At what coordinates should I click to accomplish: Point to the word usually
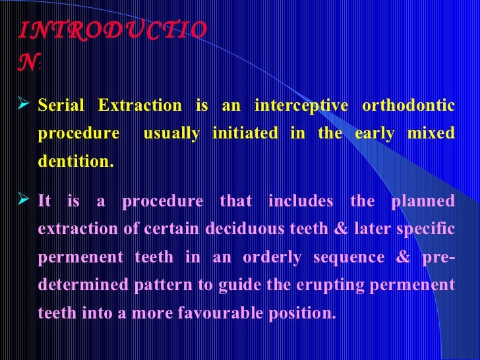pos(171,134)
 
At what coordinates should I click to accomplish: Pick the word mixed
pos(432,134)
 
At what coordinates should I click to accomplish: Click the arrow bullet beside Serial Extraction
pos(27,105)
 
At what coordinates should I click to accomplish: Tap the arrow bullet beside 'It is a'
pos(27,201)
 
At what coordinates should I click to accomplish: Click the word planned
pos(423,201)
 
